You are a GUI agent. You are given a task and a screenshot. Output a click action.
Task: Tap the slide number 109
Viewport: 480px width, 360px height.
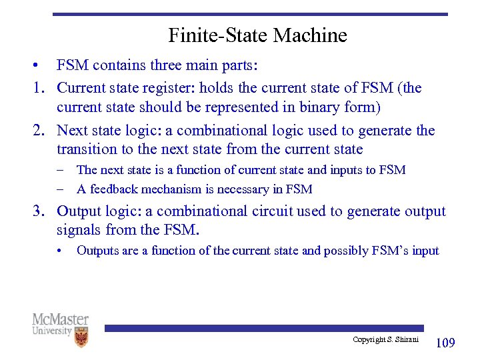(x=445, y=343)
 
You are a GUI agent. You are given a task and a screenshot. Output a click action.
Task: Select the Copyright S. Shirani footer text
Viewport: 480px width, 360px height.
(x=385, y=340)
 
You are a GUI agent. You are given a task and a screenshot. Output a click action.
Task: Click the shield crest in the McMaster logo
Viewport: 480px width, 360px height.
(x=81, y=337)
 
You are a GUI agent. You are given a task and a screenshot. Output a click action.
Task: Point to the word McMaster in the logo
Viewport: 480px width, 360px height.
(x=60, y=320)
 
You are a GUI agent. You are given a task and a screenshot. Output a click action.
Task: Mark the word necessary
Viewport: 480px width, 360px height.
(x=249, y=189)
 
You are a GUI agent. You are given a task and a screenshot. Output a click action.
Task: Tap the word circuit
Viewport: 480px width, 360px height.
(x=281, y=211)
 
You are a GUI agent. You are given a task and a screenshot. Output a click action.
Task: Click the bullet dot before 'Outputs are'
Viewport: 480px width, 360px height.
(x=59, y=251)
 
